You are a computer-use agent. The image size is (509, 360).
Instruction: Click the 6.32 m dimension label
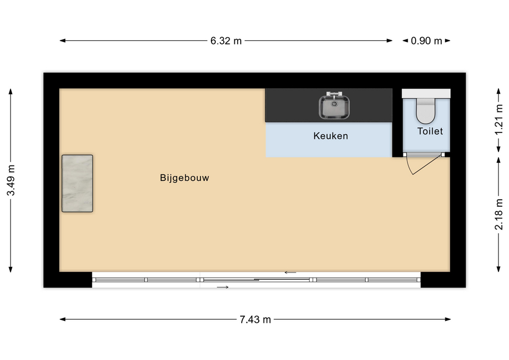pyautogui.click(x=226, y=41)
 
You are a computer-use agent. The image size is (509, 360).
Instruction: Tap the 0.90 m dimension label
pyautogui.click(x=426, y=41)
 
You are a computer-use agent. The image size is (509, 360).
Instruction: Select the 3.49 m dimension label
pyautogui.click(x=11, y=180)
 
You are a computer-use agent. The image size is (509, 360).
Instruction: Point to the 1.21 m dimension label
pyautogui.click(x=499, y=119)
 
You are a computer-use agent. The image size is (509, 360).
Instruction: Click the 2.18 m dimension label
pyautogui.click(x=499, y=215)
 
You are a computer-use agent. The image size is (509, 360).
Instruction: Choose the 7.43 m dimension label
pyautogui.click(x=255, y=320)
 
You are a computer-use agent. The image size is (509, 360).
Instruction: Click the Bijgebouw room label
pyautogui.click(x=185, y=178)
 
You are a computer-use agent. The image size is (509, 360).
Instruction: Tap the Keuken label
pyautogui.click(x=330, y=136)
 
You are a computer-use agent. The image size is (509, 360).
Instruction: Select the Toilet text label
pyautogui.click(x=430, y=131)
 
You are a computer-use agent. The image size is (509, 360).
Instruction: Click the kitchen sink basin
pyautogui.click(x=334, y=107)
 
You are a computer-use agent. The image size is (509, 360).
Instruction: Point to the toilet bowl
pyautogui.click(x=426, y=112)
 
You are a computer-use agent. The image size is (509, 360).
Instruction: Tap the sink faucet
pyautogui.click(x=334, y=94)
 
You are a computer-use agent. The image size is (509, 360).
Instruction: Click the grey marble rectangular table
pyautogui.click(x=77, y=183)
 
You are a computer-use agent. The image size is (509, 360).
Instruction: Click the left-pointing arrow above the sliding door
pyautogui.click(x=291, y=273)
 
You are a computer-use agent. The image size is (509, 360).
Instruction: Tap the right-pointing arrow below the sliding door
pyautogui.click(x=223, y=287)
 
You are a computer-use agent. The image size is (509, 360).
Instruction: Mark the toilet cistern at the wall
pyautogui.click(x=426, y=93)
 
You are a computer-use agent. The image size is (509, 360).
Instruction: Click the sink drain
pyautogui.click(x=334, y=104)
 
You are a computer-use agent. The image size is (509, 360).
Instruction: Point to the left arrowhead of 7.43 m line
pyautogui.click(x=63, y=319)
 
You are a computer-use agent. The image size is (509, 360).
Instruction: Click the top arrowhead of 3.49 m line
pyautogui.click(x=11, y=92)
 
